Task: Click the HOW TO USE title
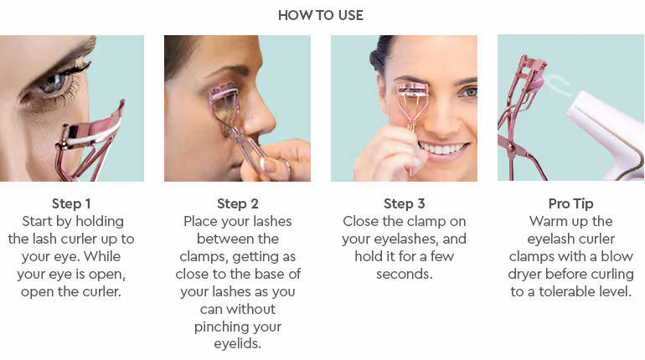click(x=321, y=15)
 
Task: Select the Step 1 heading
click(x=71, y=203)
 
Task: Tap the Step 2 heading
click(x=237, y=203)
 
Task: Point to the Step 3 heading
click(x=404, y=203)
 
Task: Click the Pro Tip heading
click(x=570, y=203)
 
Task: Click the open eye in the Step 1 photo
click(x=54, y=85)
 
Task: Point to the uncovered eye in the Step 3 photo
click(x=467, y=92)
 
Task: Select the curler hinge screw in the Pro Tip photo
click(x=510, y=147)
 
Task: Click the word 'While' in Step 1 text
click(x=102, y=256)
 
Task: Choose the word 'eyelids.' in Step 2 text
click(x=237, y=343)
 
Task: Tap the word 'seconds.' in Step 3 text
click(x=404, y=274)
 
